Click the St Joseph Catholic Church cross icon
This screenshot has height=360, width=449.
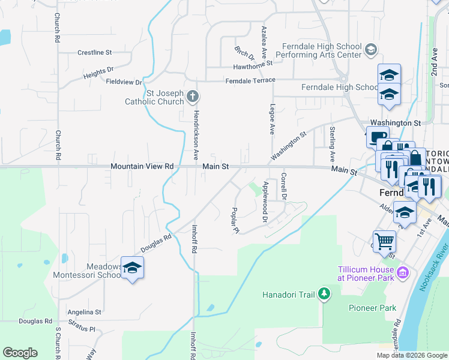pyautogui.click(x=193, y=96)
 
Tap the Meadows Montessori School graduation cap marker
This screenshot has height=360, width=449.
pyautogui.click(x=132, y=268)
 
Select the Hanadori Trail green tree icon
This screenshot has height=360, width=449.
pyautogui.click(x=324, y=293)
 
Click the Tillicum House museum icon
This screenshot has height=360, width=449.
pyautogui.click(x=403, y=274)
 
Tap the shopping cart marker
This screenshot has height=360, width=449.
pyautogui.click(x=384, y=241)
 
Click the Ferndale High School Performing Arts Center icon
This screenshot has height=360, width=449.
pyautogui.click(x=370, y=50)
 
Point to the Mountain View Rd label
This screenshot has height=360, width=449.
pyautogui.click(x=142, y=166)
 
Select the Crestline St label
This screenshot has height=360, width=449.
pyautogui.click(x=95, y=53)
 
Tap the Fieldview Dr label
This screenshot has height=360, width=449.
pyautogui.click(x=124, y=82)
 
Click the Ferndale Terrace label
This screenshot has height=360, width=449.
pyautogui.click(x=250, y=80)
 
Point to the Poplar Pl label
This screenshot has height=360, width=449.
pyautogui.click(x=235, y=221)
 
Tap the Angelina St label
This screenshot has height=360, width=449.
pyautogui.click(x=84, y=312)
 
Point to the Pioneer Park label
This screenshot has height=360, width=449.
pyautogui.click(x=372, y=308)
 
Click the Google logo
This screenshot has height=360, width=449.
pyautogui.click(x=20, y=353)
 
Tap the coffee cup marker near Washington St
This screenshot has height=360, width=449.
pyautogui.click(x=377, y=137)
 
